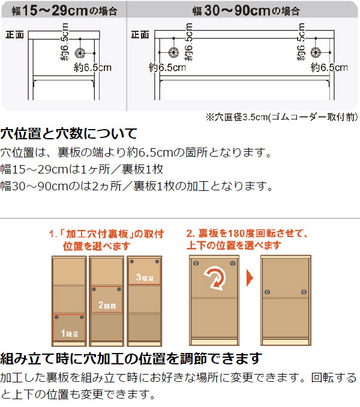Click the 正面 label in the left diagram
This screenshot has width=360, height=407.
[x=14, y=35]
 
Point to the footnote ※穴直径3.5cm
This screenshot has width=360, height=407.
[x=282, y=117]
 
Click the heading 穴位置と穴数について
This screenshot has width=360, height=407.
[x=69, y=133]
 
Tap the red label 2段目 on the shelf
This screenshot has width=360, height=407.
[x=107, y=306]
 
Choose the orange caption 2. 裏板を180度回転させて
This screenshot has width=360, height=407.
[x=247, y=239]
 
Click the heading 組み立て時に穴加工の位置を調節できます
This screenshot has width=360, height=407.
[x=131, y=359]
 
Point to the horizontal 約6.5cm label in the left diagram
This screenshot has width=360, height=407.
[x=94, y=68]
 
